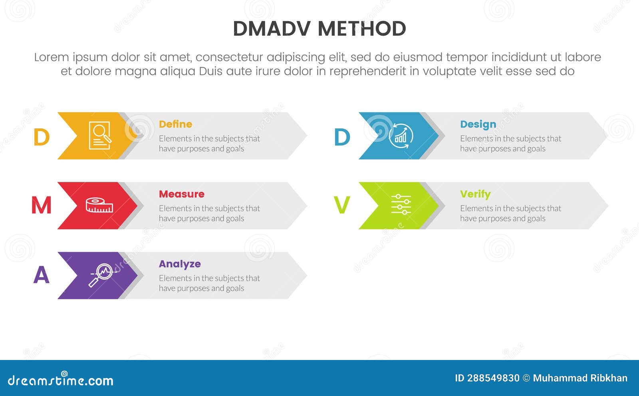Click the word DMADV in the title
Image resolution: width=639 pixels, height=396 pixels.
pos(272,29)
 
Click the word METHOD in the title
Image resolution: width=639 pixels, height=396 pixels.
pos(362,29)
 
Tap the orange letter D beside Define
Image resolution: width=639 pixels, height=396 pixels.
pos(41,137)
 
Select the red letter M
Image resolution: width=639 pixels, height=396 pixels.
pos(41,206)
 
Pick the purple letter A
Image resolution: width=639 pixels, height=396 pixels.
pos(41,275)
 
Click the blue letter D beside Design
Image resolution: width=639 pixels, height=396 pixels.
pos(342,137)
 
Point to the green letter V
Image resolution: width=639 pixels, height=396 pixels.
pos(342,206)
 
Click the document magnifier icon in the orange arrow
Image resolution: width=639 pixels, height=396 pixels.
pos(100,136)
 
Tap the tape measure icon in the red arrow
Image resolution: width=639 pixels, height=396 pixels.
pos(99,205)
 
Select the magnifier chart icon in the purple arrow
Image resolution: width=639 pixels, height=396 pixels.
pos(102,275)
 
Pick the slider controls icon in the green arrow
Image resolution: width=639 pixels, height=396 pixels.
pos(401,204)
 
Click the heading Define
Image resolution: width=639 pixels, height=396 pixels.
pos(175,124)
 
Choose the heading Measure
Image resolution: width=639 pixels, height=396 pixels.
pos(181,194)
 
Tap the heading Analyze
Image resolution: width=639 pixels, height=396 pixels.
pos(180,264)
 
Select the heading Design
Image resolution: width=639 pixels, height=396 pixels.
pos(478,124)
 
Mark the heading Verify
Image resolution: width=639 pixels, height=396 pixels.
pos(475,194)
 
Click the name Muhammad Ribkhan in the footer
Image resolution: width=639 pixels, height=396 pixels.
pos(580,378)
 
